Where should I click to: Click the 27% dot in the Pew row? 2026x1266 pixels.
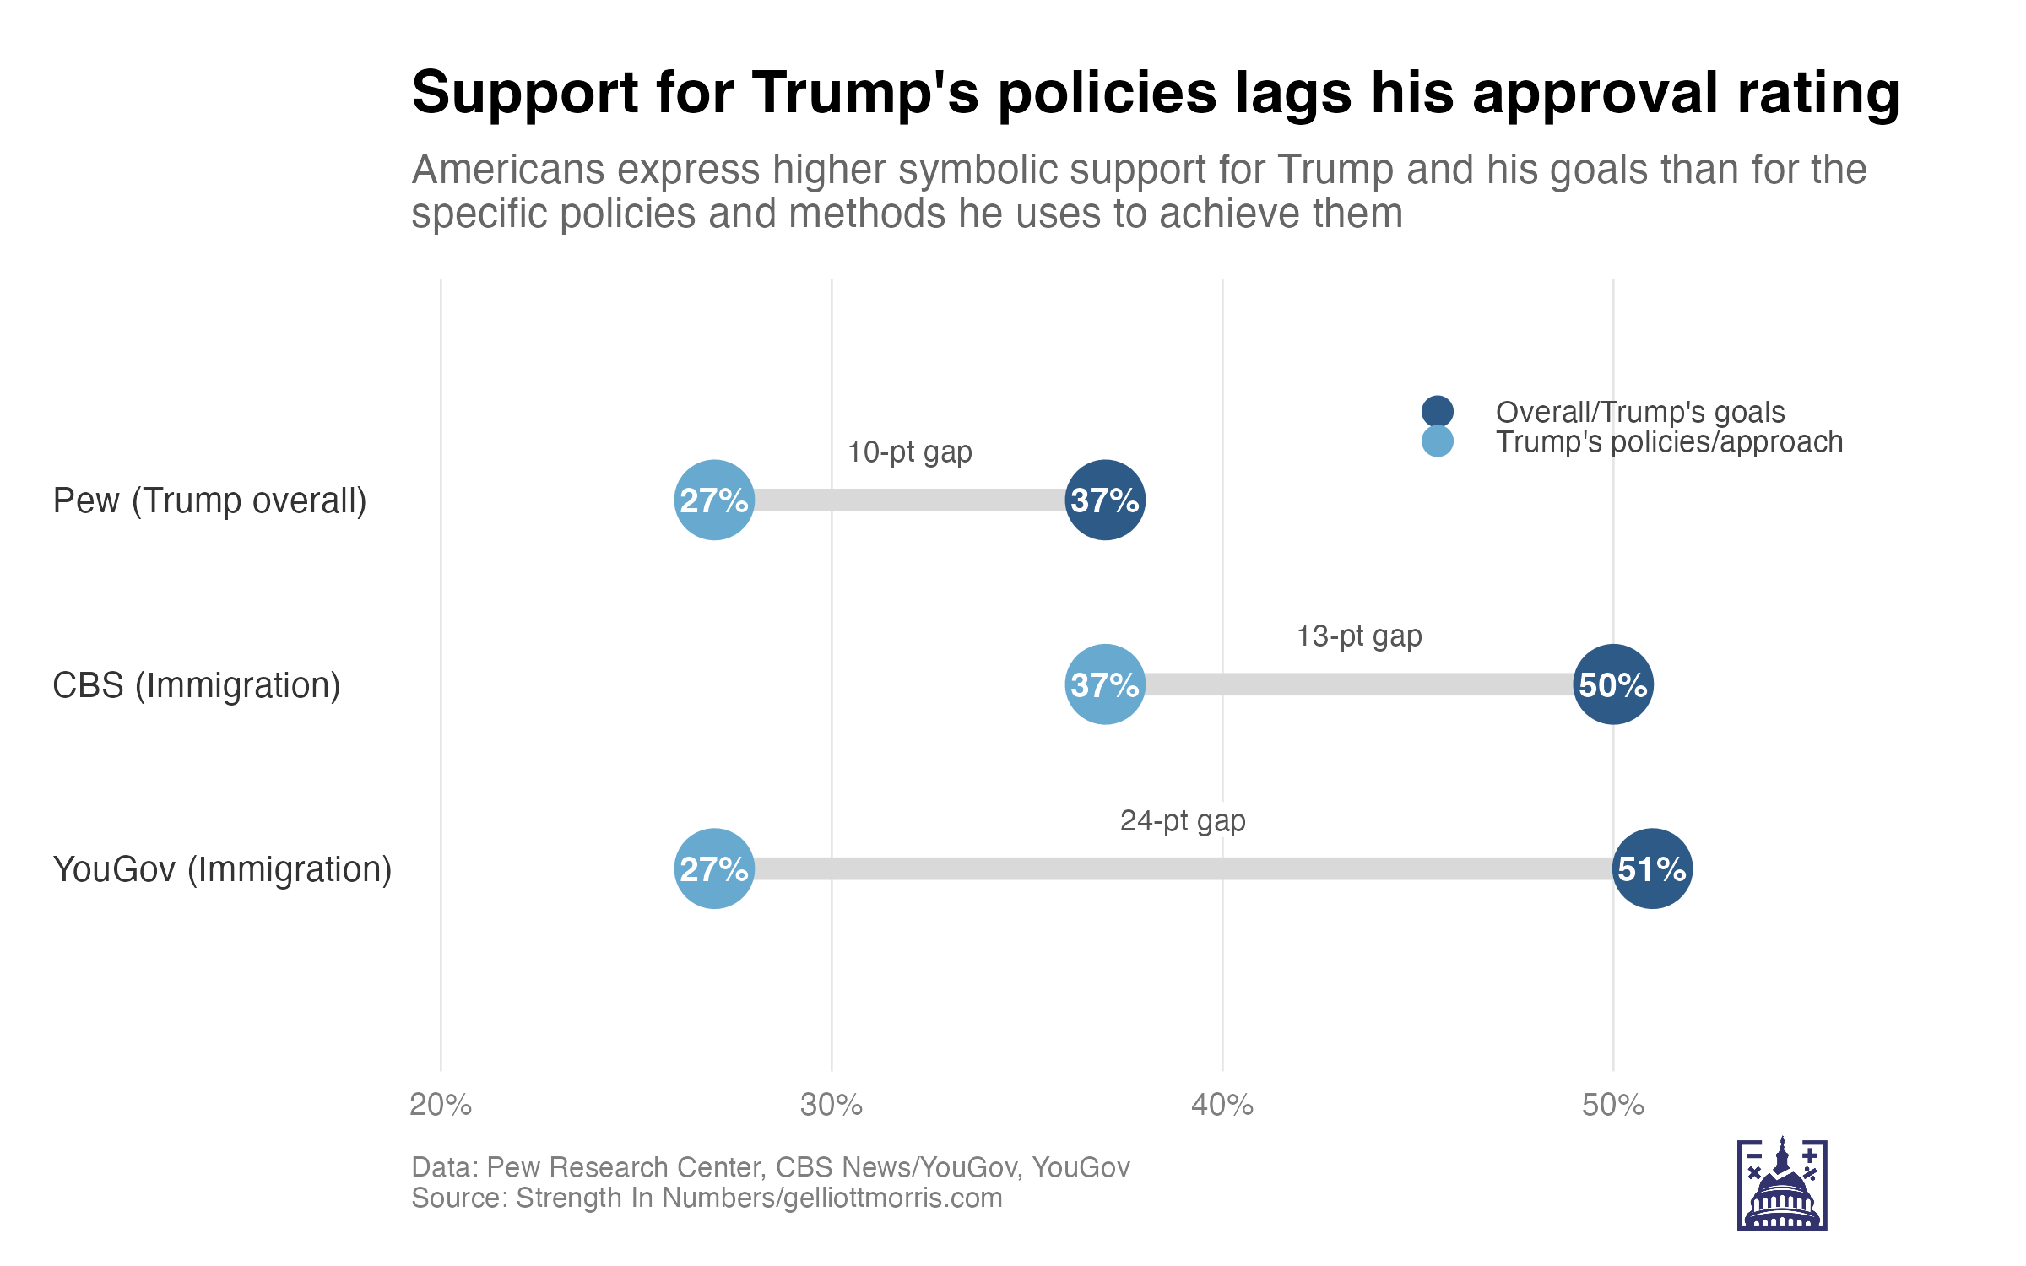(x=714, y=500)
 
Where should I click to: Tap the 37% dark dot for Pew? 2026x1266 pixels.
(x=1105, y=500)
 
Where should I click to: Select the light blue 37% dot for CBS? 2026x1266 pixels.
(x=1105, y=684)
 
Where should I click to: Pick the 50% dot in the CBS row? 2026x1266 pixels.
(x=1613, y=684)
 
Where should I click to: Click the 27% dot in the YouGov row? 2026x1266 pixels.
(x=714, y=868)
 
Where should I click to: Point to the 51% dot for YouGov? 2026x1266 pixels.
(x=1652, y=868)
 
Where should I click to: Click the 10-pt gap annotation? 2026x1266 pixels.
(x=909, y=452)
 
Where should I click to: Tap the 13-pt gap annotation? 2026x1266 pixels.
(x=1359, y=636)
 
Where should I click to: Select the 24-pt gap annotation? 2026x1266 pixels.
(x=1183, y=820)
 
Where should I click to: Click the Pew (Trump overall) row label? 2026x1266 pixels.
(x=209, y=500)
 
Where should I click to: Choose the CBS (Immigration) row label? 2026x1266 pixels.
(x=197, y=684)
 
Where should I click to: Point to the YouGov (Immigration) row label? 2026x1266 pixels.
(x=222, y=869)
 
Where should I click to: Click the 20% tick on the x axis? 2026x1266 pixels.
(x=441, y=1105)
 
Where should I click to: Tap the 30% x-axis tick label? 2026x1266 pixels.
(x=832, y=1105)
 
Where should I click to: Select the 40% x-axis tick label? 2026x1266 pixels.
(x=1222, y=1105)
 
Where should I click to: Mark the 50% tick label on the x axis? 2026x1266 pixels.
(x=1613, y=1105)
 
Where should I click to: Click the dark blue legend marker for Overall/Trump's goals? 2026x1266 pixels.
(x=1437, y=411)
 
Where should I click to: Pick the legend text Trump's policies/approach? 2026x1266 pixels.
(x=1669, y=441)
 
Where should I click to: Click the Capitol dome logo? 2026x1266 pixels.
(x=1782, y=1183)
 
